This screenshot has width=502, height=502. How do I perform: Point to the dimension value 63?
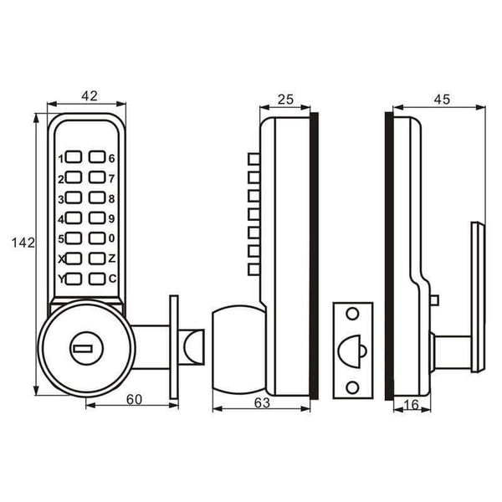click(x=261, y=402)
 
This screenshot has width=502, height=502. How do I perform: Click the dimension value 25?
click(x=284, y=100)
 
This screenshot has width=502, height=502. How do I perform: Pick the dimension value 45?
click(x=441, y=100)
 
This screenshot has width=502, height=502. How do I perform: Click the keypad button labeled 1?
click(x=73, y=158)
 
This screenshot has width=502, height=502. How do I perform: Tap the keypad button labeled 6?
click(x=98, y=158)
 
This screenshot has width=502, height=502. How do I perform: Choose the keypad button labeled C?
click(x=98, y=279)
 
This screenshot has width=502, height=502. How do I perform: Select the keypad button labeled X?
click(x=73, y=259)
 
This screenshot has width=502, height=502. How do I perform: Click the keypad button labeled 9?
click(x=98, y=218)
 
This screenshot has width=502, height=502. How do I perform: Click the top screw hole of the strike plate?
click(x=352, y=314)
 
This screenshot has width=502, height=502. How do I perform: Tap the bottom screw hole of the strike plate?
click(x=352, y=386)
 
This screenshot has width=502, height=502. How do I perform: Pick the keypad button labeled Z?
click(x=98, y=259)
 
